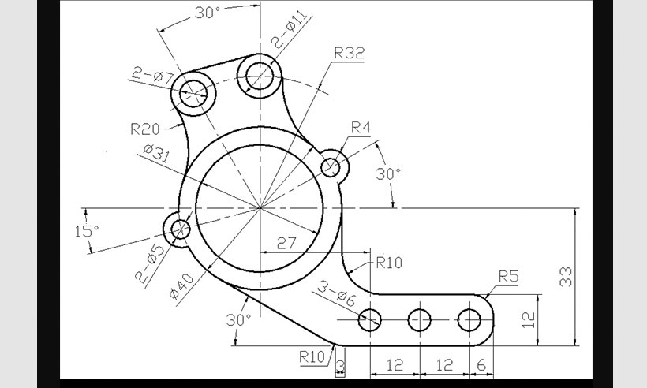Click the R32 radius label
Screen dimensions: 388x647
pyautogui.click(x=349, y=54)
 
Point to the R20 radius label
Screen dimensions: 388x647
pyautogui.click(x=145, y=128)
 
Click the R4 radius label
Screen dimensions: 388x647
pyautogui.click(x=361, y=127)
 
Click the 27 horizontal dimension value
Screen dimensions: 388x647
pyautogui.click(x=286, y=243)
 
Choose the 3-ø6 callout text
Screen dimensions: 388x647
pyautogui.click(x=337, y=298)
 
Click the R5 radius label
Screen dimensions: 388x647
pyautogui.click(x=509, y=276)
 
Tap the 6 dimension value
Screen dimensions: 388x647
pyautogui.click(x=481, y=366)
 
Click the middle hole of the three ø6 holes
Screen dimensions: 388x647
pyautogui.click(x=420, y=320)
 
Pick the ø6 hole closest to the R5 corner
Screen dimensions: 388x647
pyautogui.click(x=469, y=320)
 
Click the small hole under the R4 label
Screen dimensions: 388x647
pyautogui.click(x=331, y=166)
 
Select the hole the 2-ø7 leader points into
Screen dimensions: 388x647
pyautogui.click(x=194, y=92)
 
